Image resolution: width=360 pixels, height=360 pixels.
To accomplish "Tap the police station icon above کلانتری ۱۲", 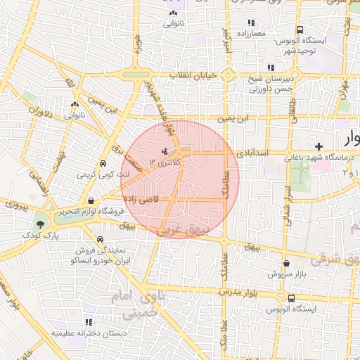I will [x=165, y=151].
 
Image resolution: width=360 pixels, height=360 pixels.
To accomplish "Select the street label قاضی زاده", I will [x=161, y=199].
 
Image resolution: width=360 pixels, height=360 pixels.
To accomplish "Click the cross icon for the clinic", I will [x=320, y=146].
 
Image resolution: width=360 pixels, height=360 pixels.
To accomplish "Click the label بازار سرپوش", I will [x=287, y=274].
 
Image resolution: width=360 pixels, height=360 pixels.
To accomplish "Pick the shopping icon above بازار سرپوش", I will [x=286, y=264].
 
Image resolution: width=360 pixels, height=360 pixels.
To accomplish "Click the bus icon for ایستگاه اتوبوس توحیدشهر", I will [x=300, y=30].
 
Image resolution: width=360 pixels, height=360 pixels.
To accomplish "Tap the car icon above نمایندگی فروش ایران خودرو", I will [x=101, y=239].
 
